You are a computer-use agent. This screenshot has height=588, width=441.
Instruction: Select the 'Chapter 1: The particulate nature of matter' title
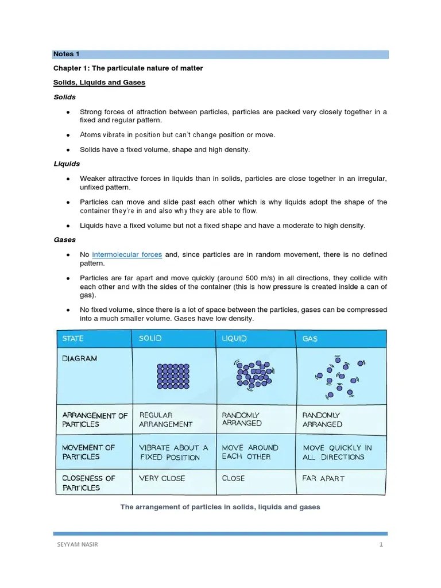(128, 68)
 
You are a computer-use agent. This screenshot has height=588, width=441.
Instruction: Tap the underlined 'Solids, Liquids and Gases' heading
(99, 83)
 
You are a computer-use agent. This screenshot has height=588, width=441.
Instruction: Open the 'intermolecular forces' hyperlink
(127, 254)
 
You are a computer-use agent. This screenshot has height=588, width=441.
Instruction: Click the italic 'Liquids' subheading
(67, 164)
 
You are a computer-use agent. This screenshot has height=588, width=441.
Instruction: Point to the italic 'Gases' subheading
(64, 239)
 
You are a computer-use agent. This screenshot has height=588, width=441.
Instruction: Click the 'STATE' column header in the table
(73, 339)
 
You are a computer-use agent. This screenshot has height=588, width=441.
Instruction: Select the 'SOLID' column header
(150, 339)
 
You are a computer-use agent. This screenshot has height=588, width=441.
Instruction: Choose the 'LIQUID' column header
(234, 339)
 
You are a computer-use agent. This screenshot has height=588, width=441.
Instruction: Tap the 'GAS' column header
(310, 339)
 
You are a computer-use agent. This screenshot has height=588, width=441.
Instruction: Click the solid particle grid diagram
(172, 376)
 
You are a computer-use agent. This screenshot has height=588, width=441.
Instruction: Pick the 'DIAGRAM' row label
(80, 358)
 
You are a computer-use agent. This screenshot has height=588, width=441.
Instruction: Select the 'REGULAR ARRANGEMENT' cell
(166, 419)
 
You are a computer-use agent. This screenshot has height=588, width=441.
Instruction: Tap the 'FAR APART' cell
(323, 478)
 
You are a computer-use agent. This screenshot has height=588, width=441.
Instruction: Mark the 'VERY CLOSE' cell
(162, 478)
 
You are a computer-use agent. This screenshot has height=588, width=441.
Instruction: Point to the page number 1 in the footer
(381, 545)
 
